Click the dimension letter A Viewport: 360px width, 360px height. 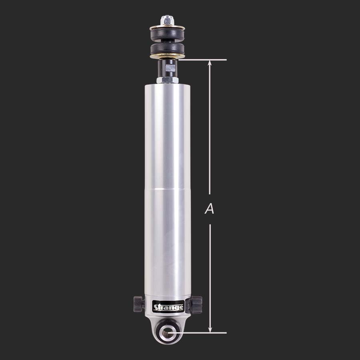[209, 209]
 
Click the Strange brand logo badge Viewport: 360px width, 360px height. [168, 306]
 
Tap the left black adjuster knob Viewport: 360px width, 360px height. [139, 304]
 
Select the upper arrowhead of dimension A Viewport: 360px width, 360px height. [210, 63]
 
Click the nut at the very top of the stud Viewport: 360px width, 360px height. [167, 20]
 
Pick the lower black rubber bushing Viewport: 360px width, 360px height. [167, 49]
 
